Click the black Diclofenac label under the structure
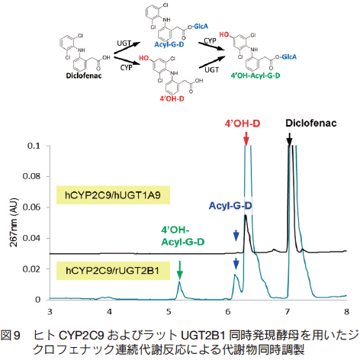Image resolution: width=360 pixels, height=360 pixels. pyautogui.click(x=84, y=76)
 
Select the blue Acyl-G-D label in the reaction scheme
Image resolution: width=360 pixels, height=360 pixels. pyautogui.click(x=169, y=44)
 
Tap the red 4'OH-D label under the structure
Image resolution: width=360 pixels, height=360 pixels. pyautogui.click(x=172, y=98)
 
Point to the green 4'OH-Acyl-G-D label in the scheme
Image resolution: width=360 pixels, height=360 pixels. pyautogui.click(x=256, y=76)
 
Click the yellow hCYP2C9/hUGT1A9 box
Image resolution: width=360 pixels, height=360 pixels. pyautogui.click(x=113, y=195)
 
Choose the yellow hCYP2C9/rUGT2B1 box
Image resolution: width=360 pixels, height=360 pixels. pyautogui.click(x=113, y=271)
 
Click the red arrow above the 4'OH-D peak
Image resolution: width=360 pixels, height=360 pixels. pyautogui.click(x=246, y=139)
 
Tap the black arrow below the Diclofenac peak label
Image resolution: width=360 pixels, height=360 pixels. pyautogui.click(x=289, y=140)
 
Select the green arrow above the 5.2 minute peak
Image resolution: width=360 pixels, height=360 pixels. pyautogui.click(x=180, y=271)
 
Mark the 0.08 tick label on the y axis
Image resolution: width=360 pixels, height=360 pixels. pyautogui.click(x=31, y=176)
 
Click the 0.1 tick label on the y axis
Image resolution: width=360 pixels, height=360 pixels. pyautogui.click(x=34, y=146)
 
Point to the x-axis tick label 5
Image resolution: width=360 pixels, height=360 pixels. pyautogui.click(x=169, y=312)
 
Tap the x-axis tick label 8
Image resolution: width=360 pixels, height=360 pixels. pyautogui.click(x=346, y=312)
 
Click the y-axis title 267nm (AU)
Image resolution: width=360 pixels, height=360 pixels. pyautogui.click(x=14, y=222)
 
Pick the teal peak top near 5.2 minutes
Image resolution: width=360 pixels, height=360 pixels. pyautogui.click(x=179, y=281)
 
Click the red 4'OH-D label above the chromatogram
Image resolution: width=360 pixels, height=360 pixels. pyautogui.click(x=243, y=124)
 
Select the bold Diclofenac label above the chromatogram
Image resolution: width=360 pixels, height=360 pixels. pyautogui.click(x=311, y=124)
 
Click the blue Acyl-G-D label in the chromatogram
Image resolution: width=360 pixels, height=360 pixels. pyautogui.click(x=230, y=206)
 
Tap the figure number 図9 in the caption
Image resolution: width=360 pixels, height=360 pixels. pyautogui.click(x=10, y=336)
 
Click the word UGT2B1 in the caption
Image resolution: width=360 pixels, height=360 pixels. pyautogui.click(x=203, y=336)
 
